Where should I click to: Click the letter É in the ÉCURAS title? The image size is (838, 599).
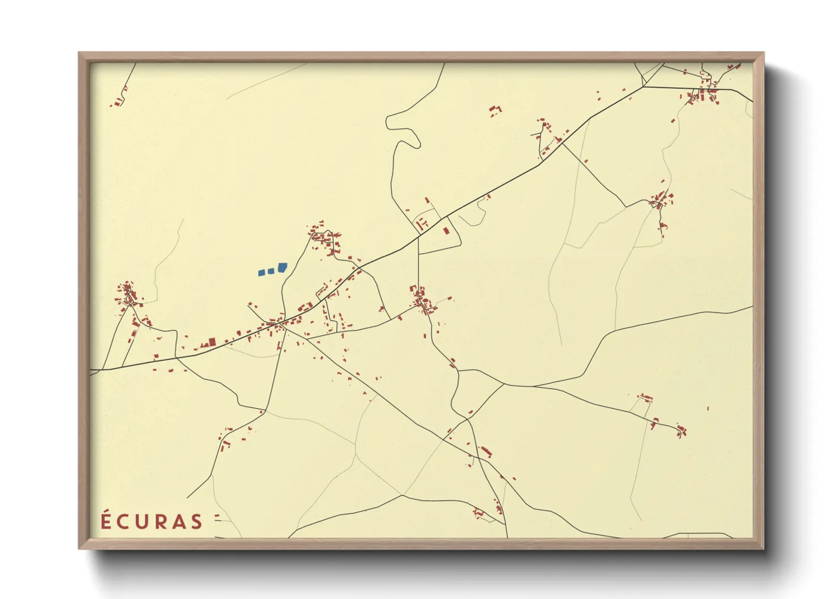(x=105, y=521)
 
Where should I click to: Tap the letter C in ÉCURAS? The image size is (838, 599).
(x=122, y=522)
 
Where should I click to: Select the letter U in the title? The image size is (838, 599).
(x=140, y=522)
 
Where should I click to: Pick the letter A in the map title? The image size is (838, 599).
(x=178, y=522)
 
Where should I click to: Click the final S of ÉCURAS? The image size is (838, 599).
(x=196, y=522)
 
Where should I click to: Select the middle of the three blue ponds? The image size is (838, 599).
(x=271, y=271)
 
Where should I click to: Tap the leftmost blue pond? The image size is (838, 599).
(x=262, y=272)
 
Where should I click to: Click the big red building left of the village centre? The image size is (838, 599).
(x=212, y=342)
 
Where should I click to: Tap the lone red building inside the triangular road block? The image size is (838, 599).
(x=446, y=231)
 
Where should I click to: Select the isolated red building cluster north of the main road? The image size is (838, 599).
(x=495, y=110)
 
